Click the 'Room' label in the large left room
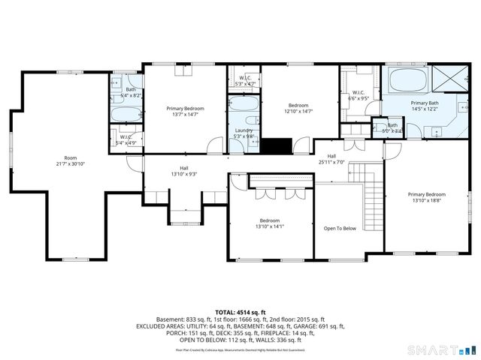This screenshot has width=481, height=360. pyautogui.click(x=71, y=157)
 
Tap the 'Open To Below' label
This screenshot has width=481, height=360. pyautogui.click(x=340, y=228)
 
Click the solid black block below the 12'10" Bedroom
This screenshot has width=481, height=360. pyautogui.click(x=281, y=145)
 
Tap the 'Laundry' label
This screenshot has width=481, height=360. pyautogui.click(x=244, y=130)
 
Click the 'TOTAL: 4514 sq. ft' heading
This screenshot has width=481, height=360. pyautogui.click(x=240, y=312)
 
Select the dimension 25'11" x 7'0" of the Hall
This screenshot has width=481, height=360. pyautogui.click(x=331, y=161)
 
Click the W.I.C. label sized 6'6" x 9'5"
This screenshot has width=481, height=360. pyautogui.click(x=357, y=97)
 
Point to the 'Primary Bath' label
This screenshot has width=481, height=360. pyautogui.click(x=425, y=103)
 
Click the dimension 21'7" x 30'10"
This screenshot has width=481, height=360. pyautogui.click(x=71, y=163)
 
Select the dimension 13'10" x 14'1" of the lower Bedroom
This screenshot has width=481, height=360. pyautogui.click(x=270, y=226)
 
